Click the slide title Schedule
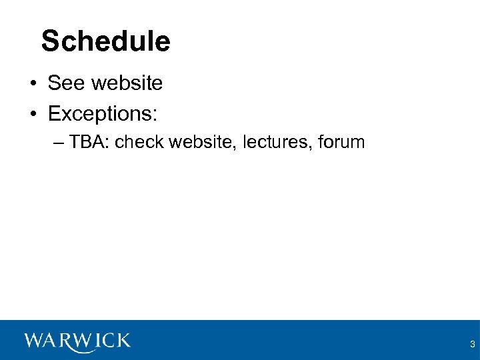[x=105, y=41]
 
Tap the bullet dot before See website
[x=32, y=84]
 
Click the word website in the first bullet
[x=127, y=83]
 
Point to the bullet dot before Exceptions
[x=32, y=114]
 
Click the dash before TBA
[x=57, y=142]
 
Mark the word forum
[x=341, y=142]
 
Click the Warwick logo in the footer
[x=77, y=341]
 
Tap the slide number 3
[x=472, y=345]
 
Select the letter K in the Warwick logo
[x=122, y=341]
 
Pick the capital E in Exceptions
[x=54, y=114]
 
